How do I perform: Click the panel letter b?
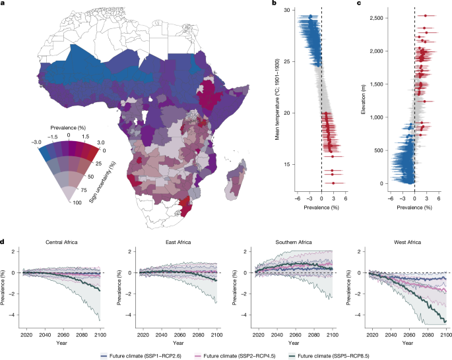(x=274, y=3)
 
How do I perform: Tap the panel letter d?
(x=2, y=241)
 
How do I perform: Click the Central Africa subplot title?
(x=61, y=242)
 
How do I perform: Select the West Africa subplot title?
(x=407, y=242)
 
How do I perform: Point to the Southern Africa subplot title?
(x=294, y=242)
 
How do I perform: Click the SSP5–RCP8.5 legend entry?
(x=329, y=356)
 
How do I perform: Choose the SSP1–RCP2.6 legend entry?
(x=141, y=356)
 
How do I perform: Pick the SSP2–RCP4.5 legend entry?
(x=235, y=356)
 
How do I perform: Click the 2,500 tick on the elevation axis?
(x=376, y=18)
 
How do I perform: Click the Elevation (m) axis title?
(x=363, y=99)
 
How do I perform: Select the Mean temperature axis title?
(x=277, y=100)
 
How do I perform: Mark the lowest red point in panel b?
(x=333, y=183)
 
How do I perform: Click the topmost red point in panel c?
(x=426, y=16)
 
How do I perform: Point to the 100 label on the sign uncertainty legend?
(x=77, y=203)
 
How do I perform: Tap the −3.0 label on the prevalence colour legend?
(x=36, y=142)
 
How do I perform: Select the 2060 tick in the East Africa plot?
(x=180, y=335)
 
